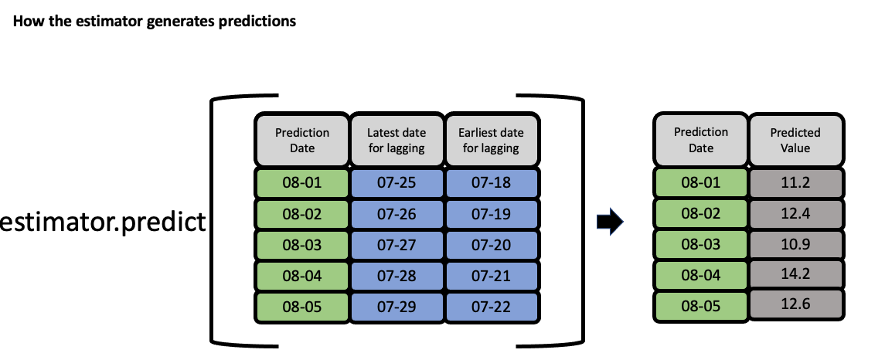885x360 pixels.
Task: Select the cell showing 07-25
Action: click(397, 183)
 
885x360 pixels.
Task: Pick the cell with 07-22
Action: click(491, 307)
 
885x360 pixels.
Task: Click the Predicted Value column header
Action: click(795, 139)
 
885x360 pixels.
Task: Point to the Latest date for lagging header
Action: click(397, 141)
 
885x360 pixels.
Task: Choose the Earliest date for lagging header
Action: click(491, 141)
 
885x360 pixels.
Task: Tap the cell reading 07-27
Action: click(397, 245)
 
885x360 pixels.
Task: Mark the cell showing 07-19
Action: click(491, 214)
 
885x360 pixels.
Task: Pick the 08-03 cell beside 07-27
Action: click(302, 245)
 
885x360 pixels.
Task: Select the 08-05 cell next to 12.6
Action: click(701, 305)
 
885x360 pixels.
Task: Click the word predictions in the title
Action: click(259, 22)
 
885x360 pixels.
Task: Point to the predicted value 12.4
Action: click(795, 212)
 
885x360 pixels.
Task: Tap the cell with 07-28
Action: click(397, 276)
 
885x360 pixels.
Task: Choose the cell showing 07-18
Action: click(491, 183)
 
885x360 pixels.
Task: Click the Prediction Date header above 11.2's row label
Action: click(701, 139)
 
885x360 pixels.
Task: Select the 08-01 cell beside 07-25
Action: click(302, 183)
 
